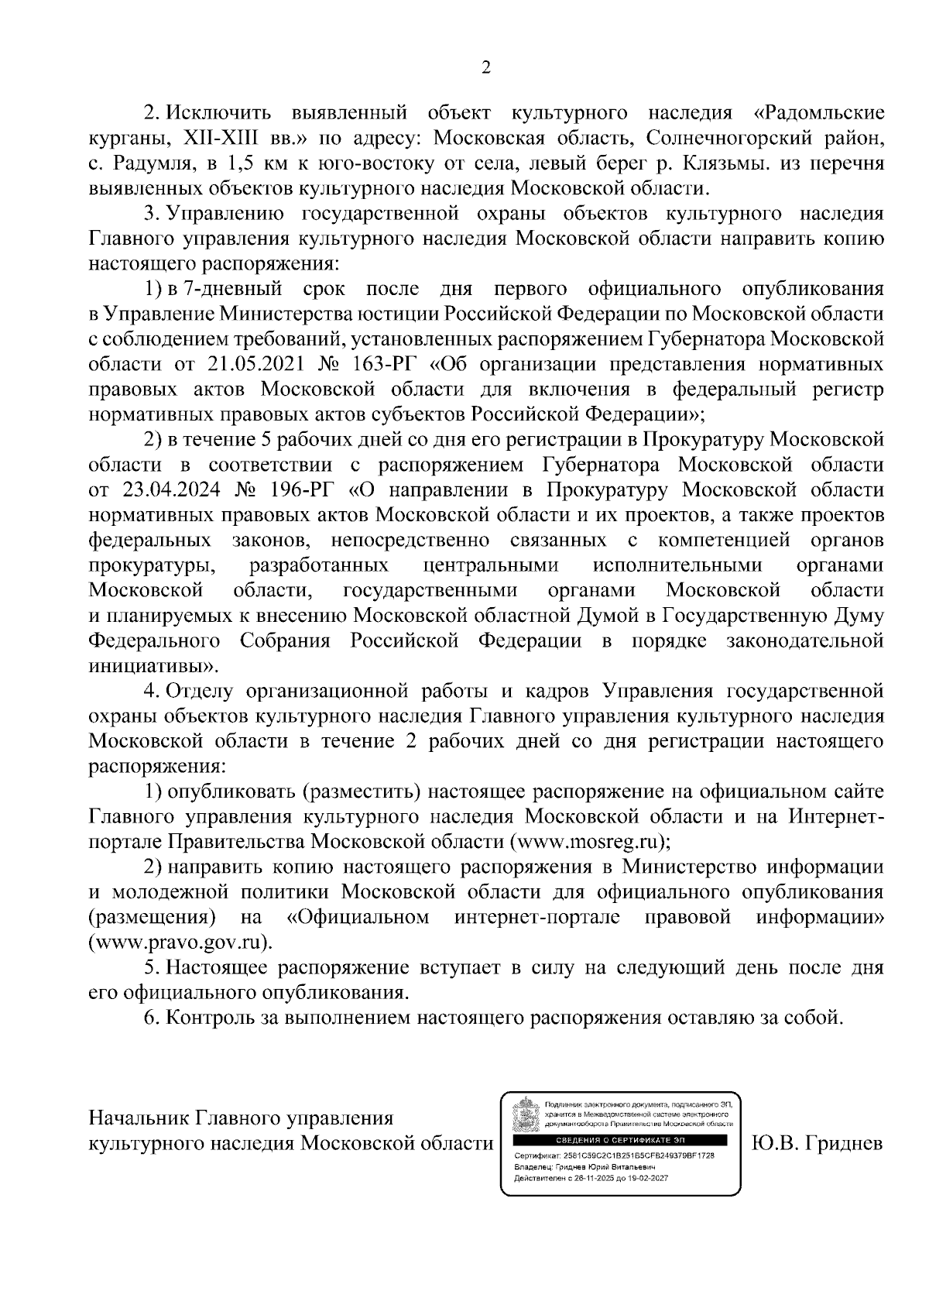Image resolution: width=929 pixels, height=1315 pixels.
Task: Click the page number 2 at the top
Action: pos(486,68)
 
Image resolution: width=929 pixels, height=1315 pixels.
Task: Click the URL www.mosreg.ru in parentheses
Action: pos(588,841)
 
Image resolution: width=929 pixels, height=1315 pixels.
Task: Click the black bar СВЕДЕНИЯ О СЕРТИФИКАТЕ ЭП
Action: pos(619,1140)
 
